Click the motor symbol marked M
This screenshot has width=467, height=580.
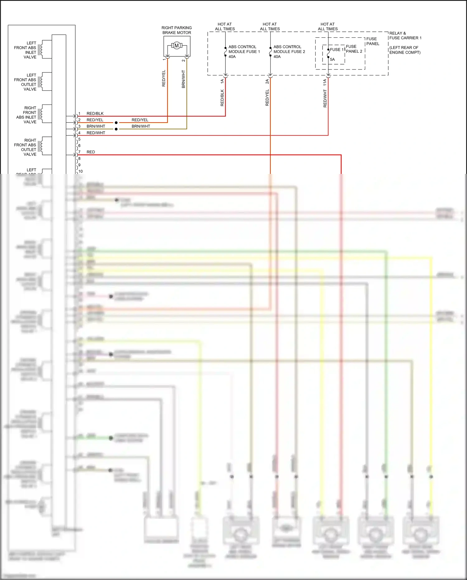click(x=177, y=46)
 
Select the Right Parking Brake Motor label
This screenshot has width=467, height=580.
click(x=177, y=30)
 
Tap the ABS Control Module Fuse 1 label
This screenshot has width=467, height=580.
click(x=244, y=51)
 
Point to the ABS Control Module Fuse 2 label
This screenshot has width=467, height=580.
click(x=289, y=51)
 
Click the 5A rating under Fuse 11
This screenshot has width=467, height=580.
click(x=332, y=60)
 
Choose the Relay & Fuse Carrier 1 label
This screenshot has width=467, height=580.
click(x=405, y=36)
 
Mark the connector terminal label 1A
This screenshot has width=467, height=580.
click(x=222, y=81)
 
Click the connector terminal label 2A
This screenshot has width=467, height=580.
click(x=267, y=81)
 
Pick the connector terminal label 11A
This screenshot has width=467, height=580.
click(x=325, y=82)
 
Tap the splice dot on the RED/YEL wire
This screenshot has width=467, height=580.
click(x=116, y=123)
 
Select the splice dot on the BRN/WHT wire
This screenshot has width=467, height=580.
click(x=116, y=129)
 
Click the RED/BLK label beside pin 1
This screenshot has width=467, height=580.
click(x=95, y=113)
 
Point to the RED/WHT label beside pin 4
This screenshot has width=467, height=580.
click(x=96, y=133)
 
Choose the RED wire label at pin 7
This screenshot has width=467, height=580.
click(x=91, y=152)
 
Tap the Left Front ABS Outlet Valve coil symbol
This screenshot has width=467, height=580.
click(x=41, y=82)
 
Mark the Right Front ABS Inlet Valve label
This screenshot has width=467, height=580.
click(x=26, y=115)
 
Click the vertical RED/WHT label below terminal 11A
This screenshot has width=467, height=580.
click(x=325, y=98)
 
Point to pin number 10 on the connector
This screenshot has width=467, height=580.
click(x=81, y=171)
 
